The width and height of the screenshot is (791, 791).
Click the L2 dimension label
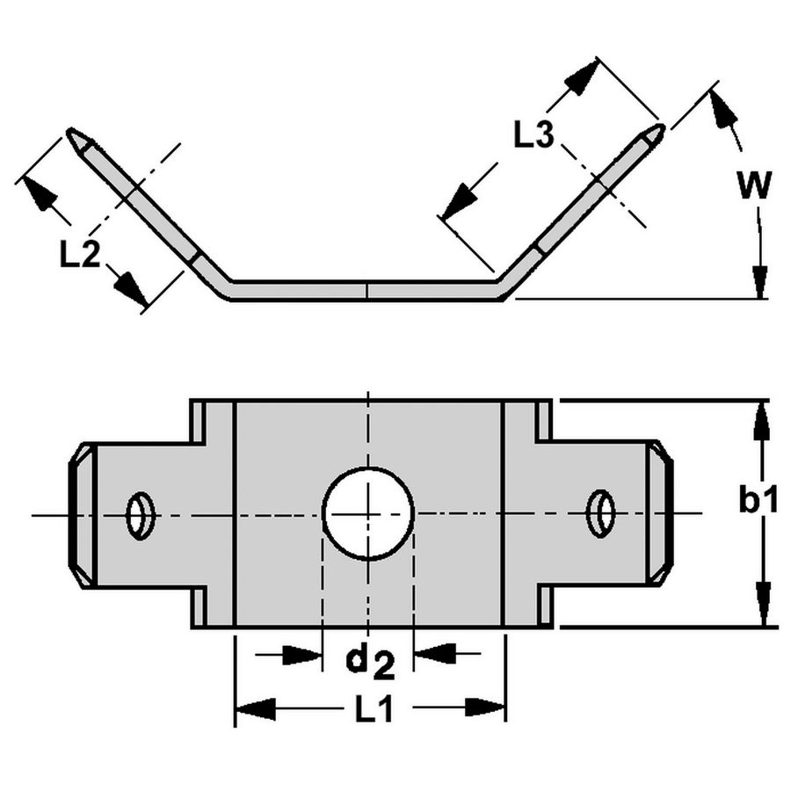(79, 254)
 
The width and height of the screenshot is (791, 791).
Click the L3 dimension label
(533, 135)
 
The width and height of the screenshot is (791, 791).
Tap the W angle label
(753, 186)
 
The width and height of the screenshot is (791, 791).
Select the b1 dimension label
(757, 500)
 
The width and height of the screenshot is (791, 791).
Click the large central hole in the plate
(367, 513)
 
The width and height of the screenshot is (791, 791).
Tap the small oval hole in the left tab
(140, 515)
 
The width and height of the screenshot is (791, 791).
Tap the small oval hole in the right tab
(601, 513)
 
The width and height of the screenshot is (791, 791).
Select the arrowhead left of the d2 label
(303, 654)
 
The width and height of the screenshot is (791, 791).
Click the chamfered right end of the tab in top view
(660, 513)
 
